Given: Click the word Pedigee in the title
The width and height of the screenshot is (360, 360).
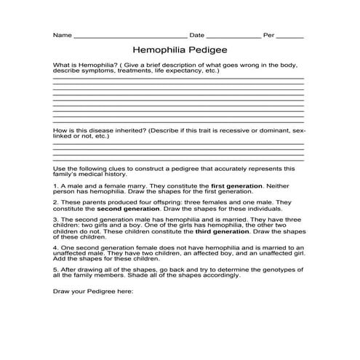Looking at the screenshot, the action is (x=207, y=51).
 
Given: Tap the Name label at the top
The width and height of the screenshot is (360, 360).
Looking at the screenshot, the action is (x=62, y=35).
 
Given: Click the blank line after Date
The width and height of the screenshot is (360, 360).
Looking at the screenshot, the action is (x=233, y=35).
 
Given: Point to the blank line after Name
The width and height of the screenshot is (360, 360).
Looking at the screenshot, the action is (x=130, y=35).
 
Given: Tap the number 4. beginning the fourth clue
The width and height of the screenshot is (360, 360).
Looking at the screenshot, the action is (x=55, y=247).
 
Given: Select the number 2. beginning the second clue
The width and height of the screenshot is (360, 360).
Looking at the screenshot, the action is (x=55, y=202).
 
